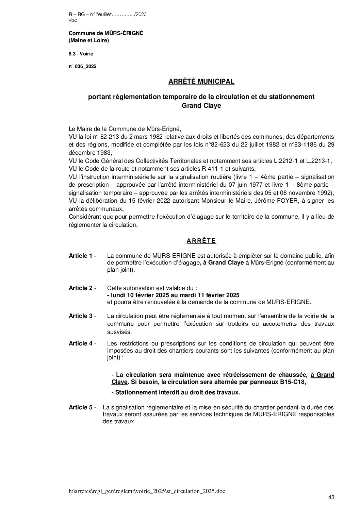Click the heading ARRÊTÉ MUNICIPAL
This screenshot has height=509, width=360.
(x=201, y=82)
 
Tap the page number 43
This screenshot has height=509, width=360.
(x=331, y=497)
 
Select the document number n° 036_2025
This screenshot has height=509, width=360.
(x=82, y=67)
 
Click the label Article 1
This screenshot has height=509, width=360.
(x=82, y=256)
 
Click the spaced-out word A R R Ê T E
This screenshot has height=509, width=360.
(x=201, y=241)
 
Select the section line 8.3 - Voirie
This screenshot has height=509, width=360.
(x=81, y=54)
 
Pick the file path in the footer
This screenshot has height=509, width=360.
(x=147, y=491)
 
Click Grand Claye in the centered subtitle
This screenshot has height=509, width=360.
(x=201, y=106)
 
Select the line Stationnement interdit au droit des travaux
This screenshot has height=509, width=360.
(x=176, y=392)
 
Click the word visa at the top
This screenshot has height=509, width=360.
(x=73, y=20)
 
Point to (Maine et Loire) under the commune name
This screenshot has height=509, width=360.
(x=89, y=41)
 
